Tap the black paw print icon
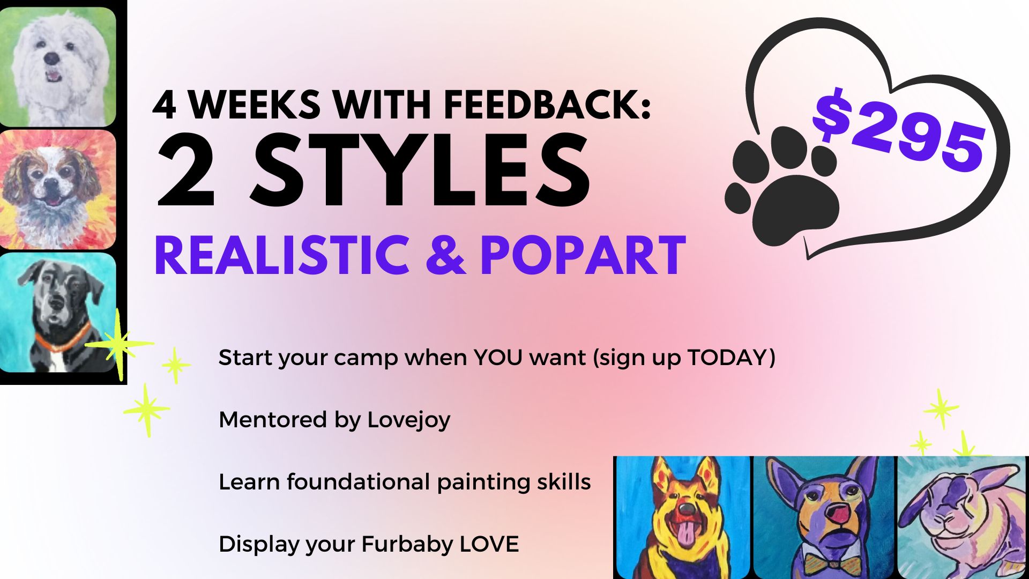coord(781,185)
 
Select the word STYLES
coord(421,171)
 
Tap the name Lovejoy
coord(409,420)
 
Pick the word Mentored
coord(273,420)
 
